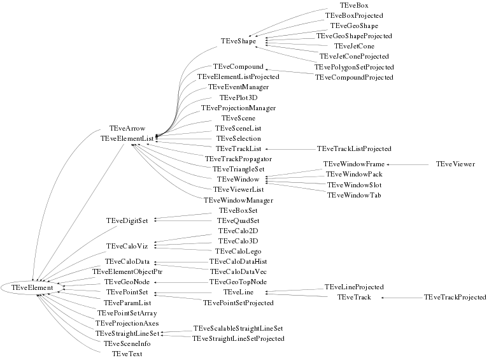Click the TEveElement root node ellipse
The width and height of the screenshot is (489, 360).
point(32,287)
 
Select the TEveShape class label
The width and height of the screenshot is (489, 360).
point(238,41)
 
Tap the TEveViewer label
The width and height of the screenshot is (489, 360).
point(455,164)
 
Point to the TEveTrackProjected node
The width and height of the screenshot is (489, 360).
point(455,298)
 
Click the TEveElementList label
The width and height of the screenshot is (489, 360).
point(127,138)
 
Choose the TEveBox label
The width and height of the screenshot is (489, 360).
point(354,6)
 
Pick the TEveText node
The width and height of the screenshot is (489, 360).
point(127,354)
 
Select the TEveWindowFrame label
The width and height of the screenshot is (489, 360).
point(354,164)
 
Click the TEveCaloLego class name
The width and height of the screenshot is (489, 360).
point(238,252)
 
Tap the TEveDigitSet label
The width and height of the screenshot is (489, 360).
point(127,221)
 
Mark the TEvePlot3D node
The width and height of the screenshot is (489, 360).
point(238,98)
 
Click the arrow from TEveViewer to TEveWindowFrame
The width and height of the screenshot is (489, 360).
point(407,164)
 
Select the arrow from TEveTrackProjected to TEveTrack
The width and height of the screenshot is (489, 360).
point(402,298)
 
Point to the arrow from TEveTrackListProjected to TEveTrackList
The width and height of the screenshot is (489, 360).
point(290,149)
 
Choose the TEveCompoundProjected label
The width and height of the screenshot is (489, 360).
point(354,77)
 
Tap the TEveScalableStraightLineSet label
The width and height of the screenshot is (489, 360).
point(238,329)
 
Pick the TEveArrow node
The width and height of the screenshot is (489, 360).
point(127,128)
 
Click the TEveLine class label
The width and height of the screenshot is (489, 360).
point(238,292)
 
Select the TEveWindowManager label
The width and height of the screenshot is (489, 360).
point(238,200)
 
